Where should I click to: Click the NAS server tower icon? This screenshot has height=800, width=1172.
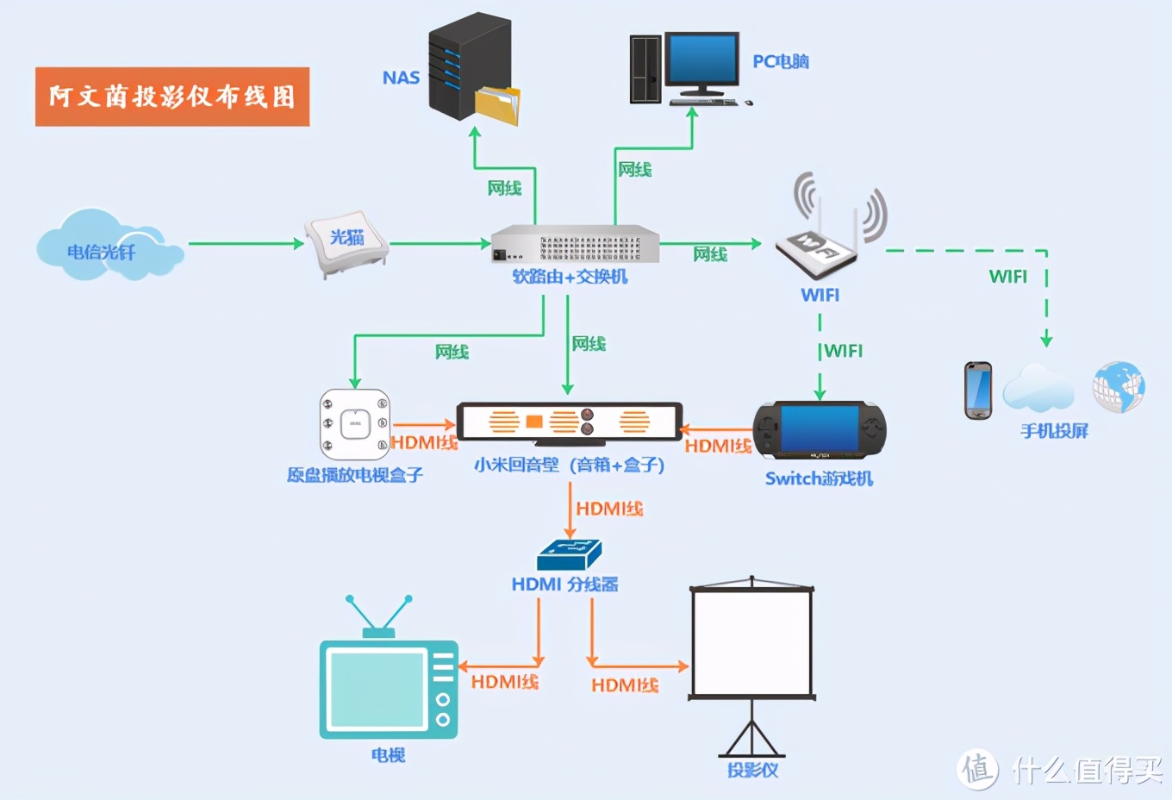[470, 66]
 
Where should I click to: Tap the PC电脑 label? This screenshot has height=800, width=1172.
[781, 62]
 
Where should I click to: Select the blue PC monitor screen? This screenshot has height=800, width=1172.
[702, 58]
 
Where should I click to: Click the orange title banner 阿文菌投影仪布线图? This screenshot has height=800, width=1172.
[172, 97]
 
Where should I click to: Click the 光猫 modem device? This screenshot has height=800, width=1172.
[347, 242]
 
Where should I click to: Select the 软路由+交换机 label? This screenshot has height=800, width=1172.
[570, 277]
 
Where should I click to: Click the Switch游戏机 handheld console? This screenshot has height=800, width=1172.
[820, 430]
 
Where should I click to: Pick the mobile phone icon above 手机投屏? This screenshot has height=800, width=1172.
[978, 390]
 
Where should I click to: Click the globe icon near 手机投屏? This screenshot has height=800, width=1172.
[1119, 386]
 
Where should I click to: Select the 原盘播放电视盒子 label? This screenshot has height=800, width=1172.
[355, 475]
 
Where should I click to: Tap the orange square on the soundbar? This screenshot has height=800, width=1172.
[533, 421]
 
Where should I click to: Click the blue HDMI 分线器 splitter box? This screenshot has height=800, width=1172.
[570, 555]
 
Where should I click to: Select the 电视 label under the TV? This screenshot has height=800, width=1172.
[388, 755]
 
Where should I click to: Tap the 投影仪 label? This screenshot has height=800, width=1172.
[753, 770]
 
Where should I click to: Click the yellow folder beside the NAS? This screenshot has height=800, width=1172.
[497, 105]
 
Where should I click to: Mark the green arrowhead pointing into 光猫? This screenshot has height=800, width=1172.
[299, 243]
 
